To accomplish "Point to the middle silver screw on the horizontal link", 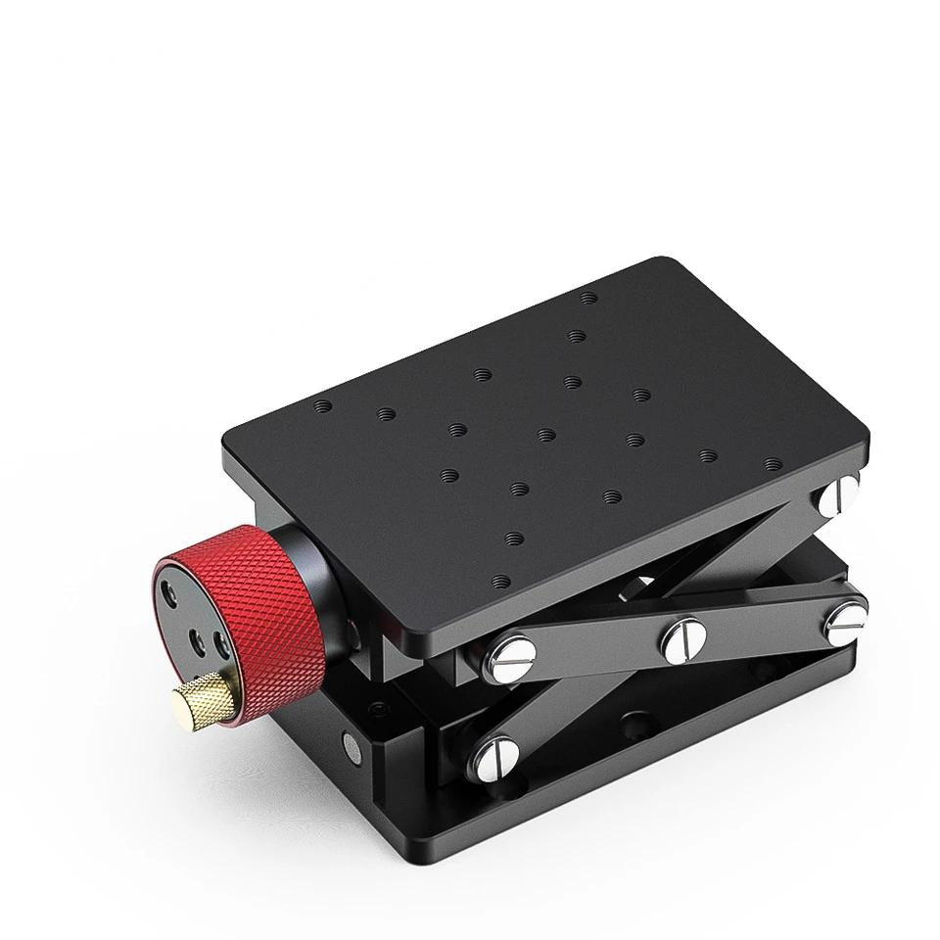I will tap(683, 639).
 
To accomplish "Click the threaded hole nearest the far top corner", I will tap(587, 297).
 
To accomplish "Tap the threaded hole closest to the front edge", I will tap(501, 580).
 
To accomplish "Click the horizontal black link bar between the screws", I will tap(597, 641).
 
